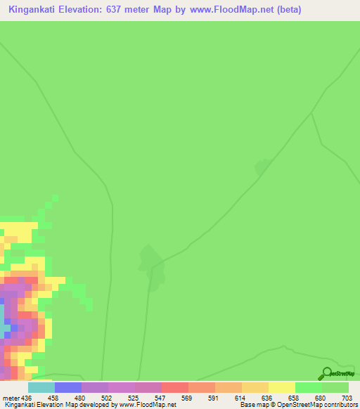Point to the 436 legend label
[27, 398]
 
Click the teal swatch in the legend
[41, 387]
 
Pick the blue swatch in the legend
[67, 387]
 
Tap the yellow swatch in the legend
[281, 387]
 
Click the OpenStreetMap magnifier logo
[326, 373]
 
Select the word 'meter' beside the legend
[11, 398]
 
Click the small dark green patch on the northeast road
[262, 167]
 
